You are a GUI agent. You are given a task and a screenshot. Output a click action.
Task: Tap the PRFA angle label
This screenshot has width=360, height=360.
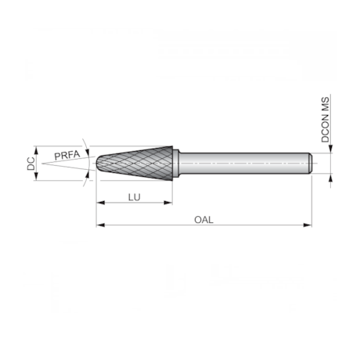pos(68,154)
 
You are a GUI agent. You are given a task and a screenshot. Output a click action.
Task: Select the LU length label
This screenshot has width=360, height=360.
pos(134,198)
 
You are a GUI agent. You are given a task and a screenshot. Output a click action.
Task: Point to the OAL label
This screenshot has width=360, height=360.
pos(203,220)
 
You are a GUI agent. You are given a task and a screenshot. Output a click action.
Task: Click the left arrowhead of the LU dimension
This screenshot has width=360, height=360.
pos(99,204)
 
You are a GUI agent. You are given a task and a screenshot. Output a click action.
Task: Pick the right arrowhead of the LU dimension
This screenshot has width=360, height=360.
pos(168,204)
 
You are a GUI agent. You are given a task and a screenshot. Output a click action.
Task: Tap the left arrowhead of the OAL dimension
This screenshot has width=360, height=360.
pos(99,226)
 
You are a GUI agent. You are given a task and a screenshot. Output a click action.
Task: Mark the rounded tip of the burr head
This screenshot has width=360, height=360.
pos(99,164)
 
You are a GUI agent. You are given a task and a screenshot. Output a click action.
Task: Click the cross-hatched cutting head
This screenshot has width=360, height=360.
pos(137,164)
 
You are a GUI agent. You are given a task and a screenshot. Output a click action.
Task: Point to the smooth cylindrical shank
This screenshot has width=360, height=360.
pos(243,164)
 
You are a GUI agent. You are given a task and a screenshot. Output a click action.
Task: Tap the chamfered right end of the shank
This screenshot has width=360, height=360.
pos(311,164)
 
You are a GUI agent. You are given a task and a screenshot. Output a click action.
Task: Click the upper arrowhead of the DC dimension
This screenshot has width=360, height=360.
pos(37,149)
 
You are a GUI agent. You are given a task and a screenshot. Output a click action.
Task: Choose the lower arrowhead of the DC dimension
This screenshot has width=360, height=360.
pos(37,178)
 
